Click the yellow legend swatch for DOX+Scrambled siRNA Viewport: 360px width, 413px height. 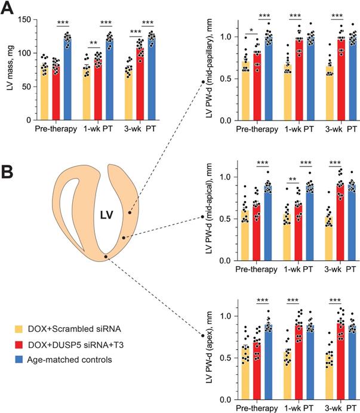[19, 329]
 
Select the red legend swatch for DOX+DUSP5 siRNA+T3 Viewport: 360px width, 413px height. [19, 344]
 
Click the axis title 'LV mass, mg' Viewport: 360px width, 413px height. [9, 69]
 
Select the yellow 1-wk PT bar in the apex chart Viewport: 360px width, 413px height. [288, 375]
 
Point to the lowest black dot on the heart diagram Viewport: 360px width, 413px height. [106, 257]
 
